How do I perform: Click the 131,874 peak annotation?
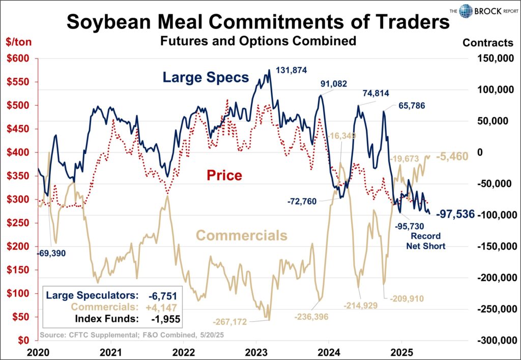coord(291,70)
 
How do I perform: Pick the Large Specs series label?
coord(206,77)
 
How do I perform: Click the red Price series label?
coord(224,175)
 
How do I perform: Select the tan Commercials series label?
coord(242,235)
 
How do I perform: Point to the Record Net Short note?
coord(425,242)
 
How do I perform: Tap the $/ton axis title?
coord(18,42)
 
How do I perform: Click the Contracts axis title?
coord(487,43)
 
